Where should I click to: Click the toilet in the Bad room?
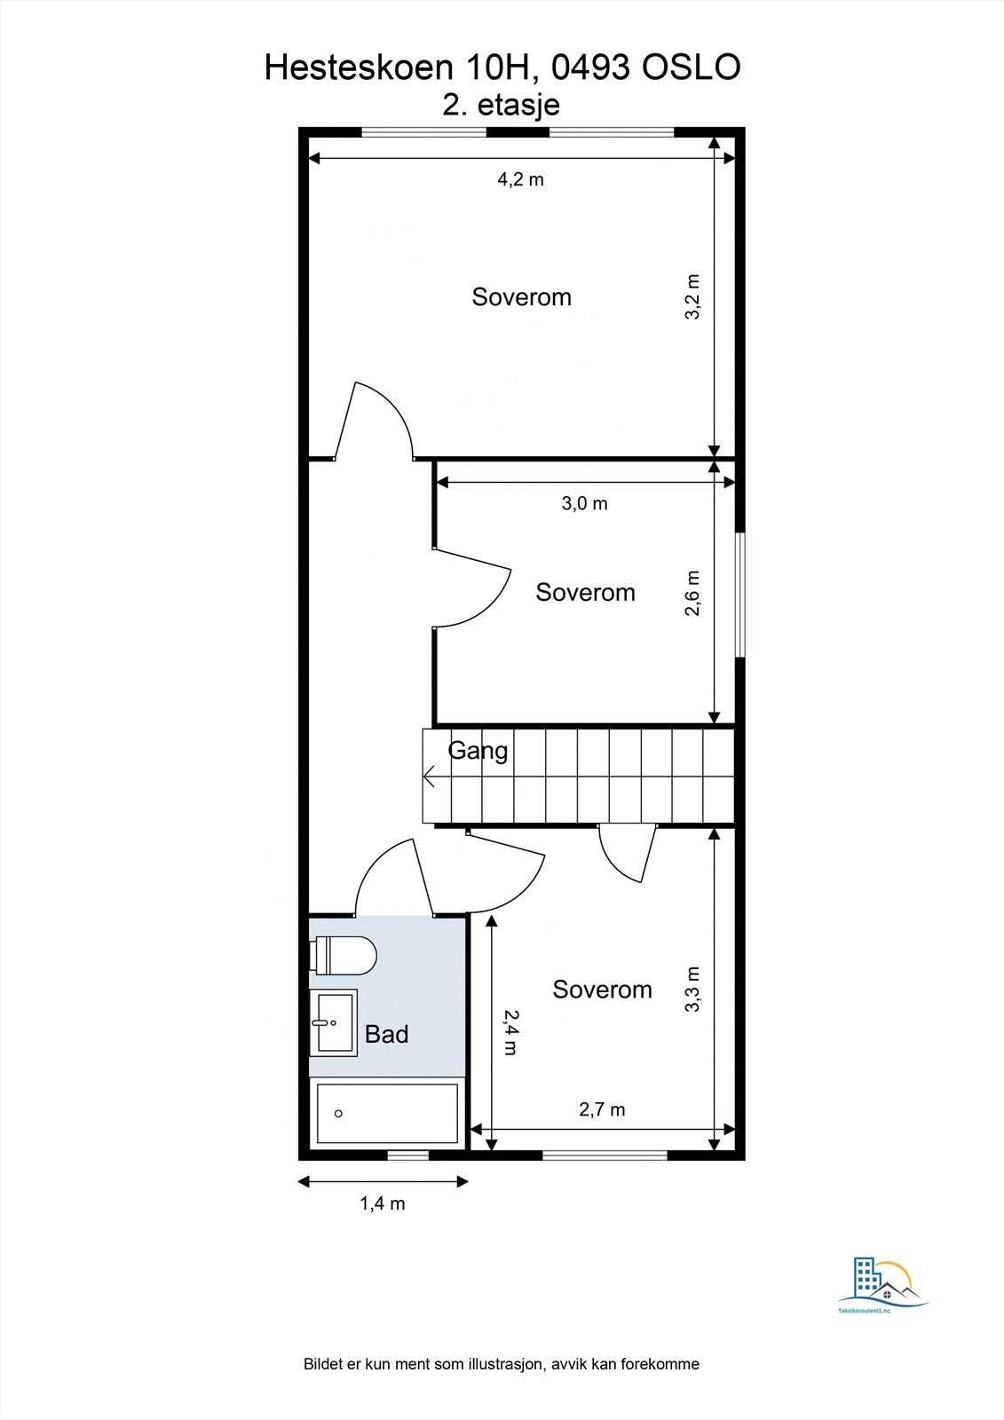345,955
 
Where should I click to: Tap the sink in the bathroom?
333,1022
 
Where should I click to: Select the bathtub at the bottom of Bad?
387,1113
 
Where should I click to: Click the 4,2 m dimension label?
520,179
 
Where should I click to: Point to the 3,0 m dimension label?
584,504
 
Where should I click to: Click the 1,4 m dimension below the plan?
382,1204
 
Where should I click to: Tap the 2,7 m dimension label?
602,1109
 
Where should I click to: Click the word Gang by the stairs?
478,751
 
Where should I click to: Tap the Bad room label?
387,1034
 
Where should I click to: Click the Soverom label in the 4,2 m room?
521,296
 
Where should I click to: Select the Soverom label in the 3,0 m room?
585,592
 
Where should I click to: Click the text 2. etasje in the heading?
502,105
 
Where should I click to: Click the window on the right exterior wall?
740,594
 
